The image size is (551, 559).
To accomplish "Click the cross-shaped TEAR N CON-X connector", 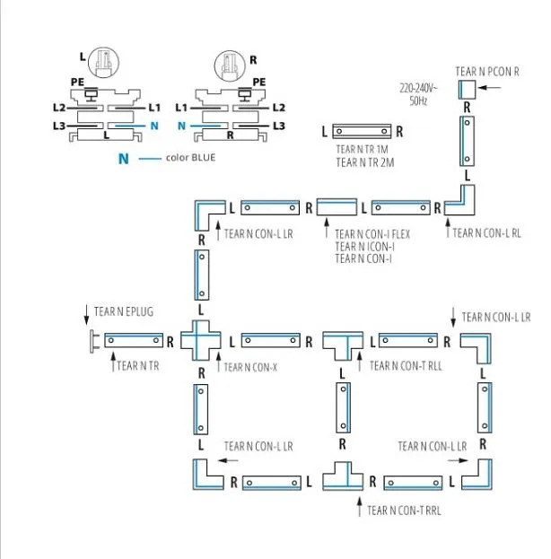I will [200, 342].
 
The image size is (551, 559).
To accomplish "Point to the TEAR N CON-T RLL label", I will [405, 365].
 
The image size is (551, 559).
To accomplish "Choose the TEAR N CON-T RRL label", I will [405, 511].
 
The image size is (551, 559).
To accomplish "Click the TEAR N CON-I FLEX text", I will [372, 234].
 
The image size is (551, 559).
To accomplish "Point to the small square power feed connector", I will [467, 88].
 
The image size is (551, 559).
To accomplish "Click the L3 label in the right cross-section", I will [278, 127].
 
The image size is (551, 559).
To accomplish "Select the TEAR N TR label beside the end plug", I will [138, 365].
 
